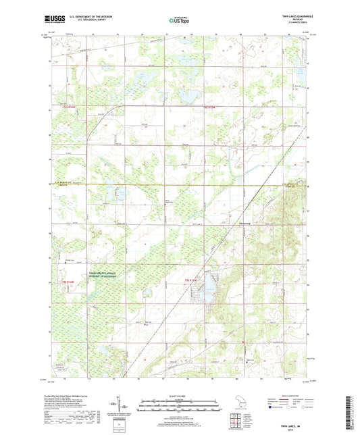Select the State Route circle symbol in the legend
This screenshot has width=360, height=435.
pos(301,408)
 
